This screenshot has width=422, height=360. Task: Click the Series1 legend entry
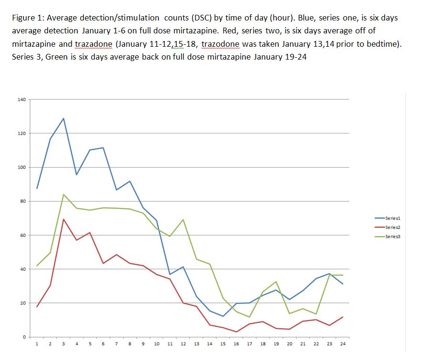(x=392, y=217)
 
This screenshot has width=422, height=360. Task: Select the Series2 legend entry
(x=392, y=227)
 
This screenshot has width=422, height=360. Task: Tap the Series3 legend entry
(x=392, y=237)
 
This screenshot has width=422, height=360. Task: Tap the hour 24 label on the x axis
(x=343, y=344)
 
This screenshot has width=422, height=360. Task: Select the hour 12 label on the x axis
(x=183, y=344)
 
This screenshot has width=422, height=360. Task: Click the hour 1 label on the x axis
(x=37, y=344)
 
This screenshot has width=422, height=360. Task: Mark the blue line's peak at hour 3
(x=63, y=118)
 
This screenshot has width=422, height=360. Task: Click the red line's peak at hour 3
(x=63, y=219)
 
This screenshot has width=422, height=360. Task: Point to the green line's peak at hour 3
(x=63, y=195)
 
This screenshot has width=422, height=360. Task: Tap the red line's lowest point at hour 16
(x=236, y=332)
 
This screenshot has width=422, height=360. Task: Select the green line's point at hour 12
(x=183, y=220)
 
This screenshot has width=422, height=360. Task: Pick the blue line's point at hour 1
(x=37, y=188)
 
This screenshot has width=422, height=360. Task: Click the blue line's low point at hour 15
(x=223, y=316)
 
